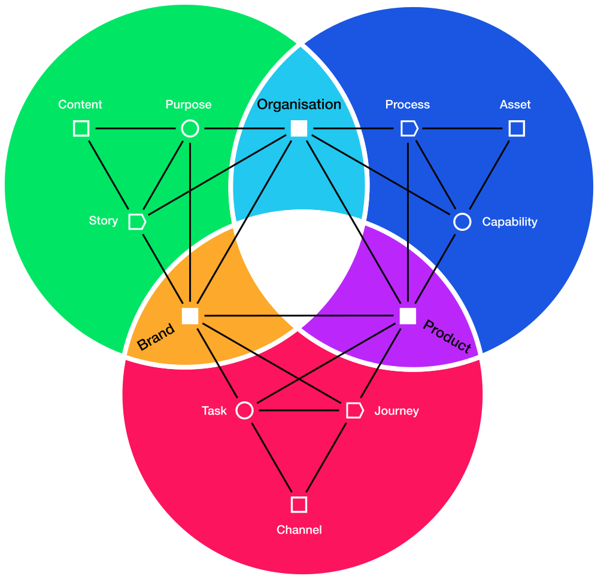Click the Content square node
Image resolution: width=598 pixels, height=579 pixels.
click(81, 129)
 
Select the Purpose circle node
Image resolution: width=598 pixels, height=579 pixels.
click(190, 129)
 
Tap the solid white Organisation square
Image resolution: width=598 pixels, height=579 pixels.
click(299, 129)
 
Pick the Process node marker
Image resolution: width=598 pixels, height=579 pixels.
click(409, 129)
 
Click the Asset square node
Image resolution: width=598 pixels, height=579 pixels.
click(517, 129)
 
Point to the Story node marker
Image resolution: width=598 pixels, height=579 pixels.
click(137, 221)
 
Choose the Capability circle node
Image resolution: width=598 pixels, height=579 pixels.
click(462, 222)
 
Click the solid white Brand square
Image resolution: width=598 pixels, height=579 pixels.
click(190, 316)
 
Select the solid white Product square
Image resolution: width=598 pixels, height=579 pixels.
click(408, 316)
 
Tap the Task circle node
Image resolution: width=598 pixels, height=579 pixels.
click(244, 410)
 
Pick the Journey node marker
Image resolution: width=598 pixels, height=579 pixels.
click(354, 410)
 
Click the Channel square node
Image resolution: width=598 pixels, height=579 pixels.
click(299, 504)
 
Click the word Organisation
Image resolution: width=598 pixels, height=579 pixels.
click(299, 105)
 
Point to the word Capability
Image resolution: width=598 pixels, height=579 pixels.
click(509, 222)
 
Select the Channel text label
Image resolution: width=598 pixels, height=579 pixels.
click(299, 530)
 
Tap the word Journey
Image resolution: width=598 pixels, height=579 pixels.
click(396, 411)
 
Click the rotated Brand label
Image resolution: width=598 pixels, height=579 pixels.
click(156, 337)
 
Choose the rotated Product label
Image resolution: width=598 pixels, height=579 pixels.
click(447, 337)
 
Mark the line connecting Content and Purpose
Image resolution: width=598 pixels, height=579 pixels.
click(135, 129)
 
